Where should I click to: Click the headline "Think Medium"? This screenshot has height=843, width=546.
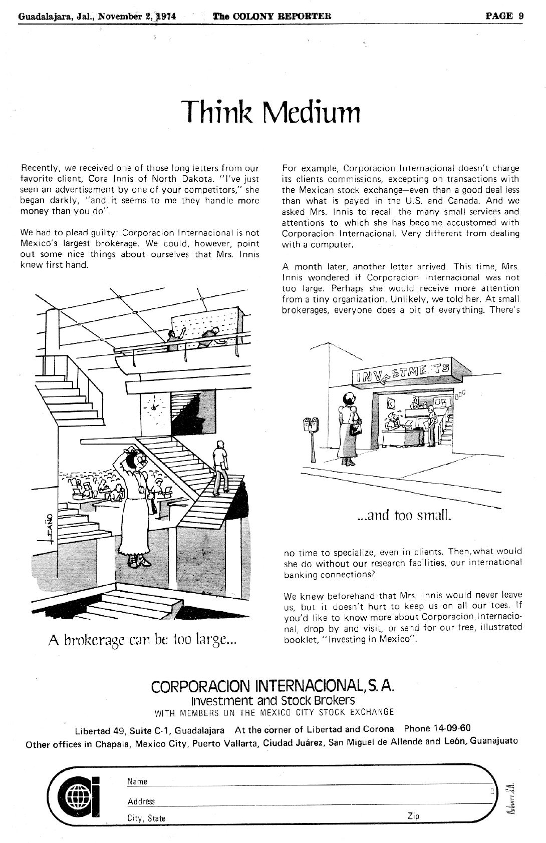point(270,111)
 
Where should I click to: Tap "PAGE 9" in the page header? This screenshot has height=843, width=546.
point(504,16)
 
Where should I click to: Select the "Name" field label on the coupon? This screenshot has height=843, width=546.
point(137,781)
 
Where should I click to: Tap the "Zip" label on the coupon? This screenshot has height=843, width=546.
point(413,816)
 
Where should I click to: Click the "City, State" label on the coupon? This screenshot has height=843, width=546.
point(146,818)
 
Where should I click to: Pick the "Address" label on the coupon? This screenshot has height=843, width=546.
point(141,801)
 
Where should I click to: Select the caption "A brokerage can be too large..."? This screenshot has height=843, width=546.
point(142,639)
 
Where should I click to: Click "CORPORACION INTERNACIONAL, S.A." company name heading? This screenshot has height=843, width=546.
point(273,685)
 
